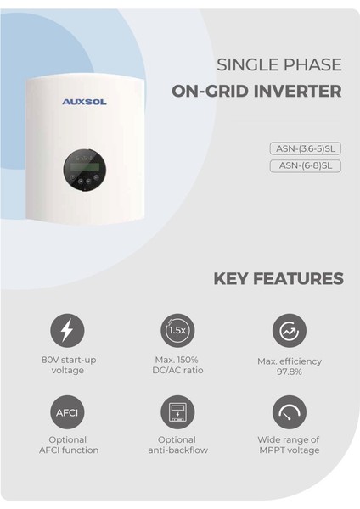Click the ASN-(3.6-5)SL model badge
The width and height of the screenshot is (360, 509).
305,148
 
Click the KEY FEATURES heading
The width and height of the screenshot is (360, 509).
278,278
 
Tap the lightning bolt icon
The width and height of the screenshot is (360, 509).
68,330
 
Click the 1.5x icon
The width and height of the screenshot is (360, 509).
177,330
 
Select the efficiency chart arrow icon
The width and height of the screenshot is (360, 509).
289,330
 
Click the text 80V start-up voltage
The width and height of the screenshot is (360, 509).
68,365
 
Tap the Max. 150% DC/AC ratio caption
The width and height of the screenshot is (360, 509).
177,365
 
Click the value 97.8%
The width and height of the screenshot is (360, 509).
289,372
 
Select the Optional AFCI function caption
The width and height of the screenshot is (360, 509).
68,445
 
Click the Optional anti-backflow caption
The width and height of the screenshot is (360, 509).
177,445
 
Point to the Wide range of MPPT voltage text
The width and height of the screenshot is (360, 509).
289,445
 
